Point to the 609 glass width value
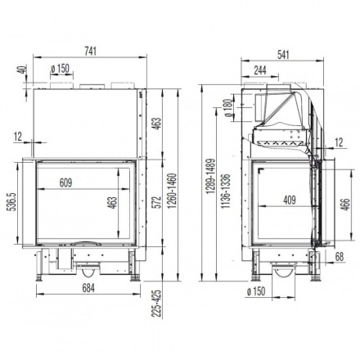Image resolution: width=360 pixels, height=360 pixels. click(x=68, y=182)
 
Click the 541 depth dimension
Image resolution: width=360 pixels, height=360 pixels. click(x=284, y=55)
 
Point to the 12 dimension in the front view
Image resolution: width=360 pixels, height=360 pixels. click(x=17, y=136)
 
